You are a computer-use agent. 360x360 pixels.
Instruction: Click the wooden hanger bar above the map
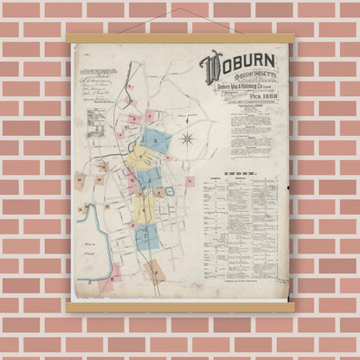(179, 38)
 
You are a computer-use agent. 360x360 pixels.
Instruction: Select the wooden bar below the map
(179, 306)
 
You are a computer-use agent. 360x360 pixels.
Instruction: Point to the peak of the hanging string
(179, 10)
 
